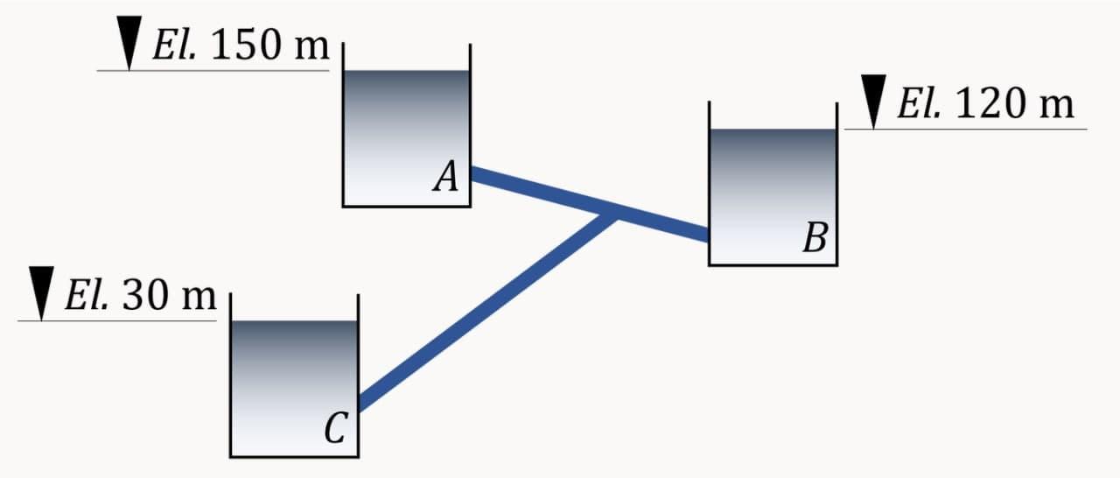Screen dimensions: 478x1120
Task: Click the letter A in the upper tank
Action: coord(446,179)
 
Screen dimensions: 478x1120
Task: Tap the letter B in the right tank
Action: coord(815,237)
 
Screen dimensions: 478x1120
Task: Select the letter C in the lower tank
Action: coord(335,428)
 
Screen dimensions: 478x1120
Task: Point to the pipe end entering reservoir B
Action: coord(704,235)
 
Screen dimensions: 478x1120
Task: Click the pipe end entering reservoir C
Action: coord(362,403)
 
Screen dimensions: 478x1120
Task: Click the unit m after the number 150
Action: coord(311,49)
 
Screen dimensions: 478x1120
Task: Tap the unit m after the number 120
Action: coord(1055,107)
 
